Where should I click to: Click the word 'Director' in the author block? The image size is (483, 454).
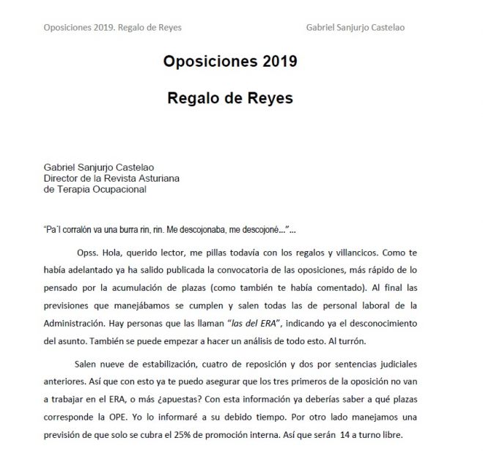point(62,178)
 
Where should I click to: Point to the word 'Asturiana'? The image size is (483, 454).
point(157,178)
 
